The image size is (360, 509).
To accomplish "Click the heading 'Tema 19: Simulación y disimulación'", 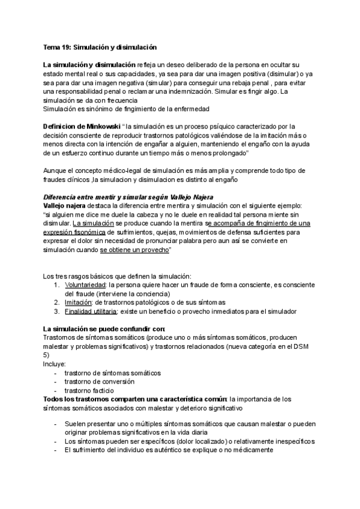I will coord(99,46).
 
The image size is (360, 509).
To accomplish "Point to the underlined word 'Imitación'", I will coord(79,303).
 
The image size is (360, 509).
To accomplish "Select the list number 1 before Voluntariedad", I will coord(56,285).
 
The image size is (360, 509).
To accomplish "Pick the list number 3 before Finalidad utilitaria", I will coord(56,312).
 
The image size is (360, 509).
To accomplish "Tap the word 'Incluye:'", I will coord(55,364).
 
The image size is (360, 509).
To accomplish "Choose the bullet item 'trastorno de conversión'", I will coord(99,382).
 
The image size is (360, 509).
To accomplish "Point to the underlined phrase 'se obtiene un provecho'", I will coord(134,250).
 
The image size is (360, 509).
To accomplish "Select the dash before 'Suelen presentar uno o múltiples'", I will coord(55,424).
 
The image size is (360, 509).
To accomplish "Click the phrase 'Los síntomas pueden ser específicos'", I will coord(110,441).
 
